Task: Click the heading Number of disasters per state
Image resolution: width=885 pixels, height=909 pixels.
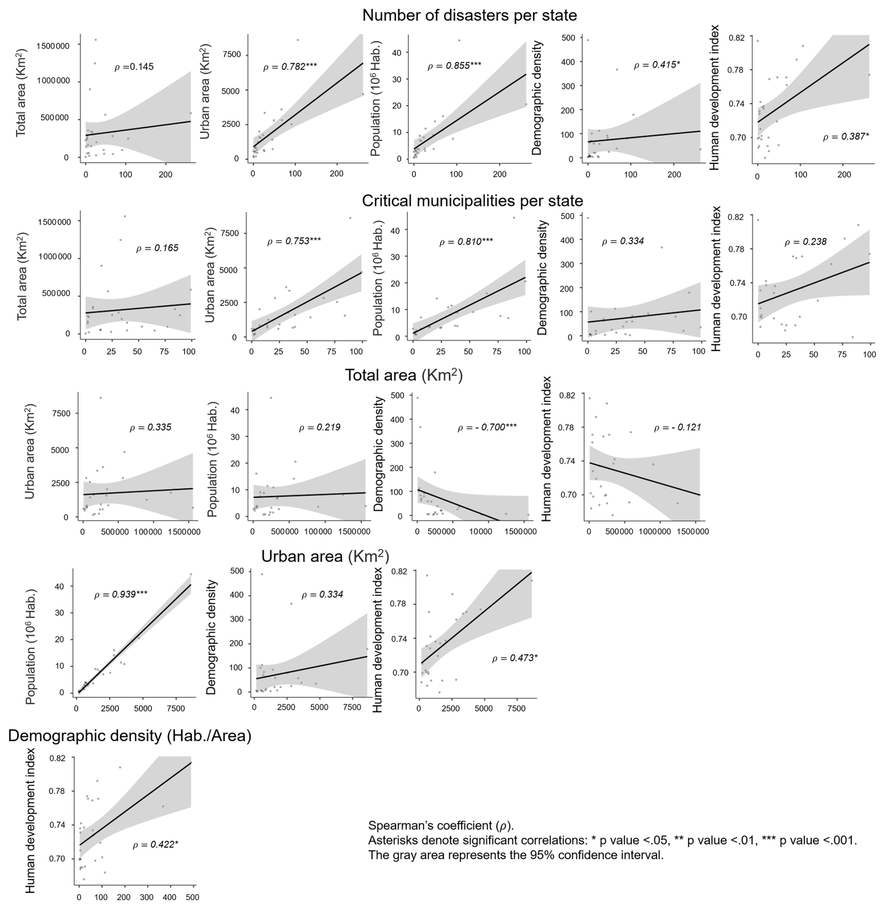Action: (469, 15)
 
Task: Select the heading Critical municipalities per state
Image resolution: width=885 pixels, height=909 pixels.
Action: (472, 201)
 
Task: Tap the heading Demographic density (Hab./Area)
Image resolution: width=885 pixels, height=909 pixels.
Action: (130, 736)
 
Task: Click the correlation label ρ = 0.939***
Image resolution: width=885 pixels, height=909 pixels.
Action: (121, 594)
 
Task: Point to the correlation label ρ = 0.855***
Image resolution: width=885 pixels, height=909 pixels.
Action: (454, 66)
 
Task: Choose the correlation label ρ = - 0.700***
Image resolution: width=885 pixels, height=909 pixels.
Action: (487, 427)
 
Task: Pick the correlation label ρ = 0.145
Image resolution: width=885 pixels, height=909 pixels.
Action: (134, 67)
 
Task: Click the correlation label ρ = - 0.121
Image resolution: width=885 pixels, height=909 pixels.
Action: (677, 427)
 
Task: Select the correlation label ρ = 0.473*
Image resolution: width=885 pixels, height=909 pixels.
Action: (515, 658)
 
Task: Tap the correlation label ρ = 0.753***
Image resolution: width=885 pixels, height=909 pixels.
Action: (294, 241)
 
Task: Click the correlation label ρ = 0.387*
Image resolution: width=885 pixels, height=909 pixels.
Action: (846, 137)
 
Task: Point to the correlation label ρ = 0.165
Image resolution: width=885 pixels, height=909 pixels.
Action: (157, 248)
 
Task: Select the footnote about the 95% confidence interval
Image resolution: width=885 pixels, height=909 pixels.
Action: (515, 855)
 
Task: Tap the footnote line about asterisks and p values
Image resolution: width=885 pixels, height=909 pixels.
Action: (612, 840)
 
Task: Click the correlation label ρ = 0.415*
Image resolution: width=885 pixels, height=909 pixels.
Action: (656, 65)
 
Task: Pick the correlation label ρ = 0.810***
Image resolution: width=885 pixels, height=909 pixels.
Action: (466, 242)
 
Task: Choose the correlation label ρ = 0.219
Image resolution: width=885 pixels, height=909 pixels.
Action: (319, 427)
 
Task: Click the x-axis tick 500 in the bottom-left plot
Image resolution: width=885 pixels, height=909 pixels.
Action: (192, 897)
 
